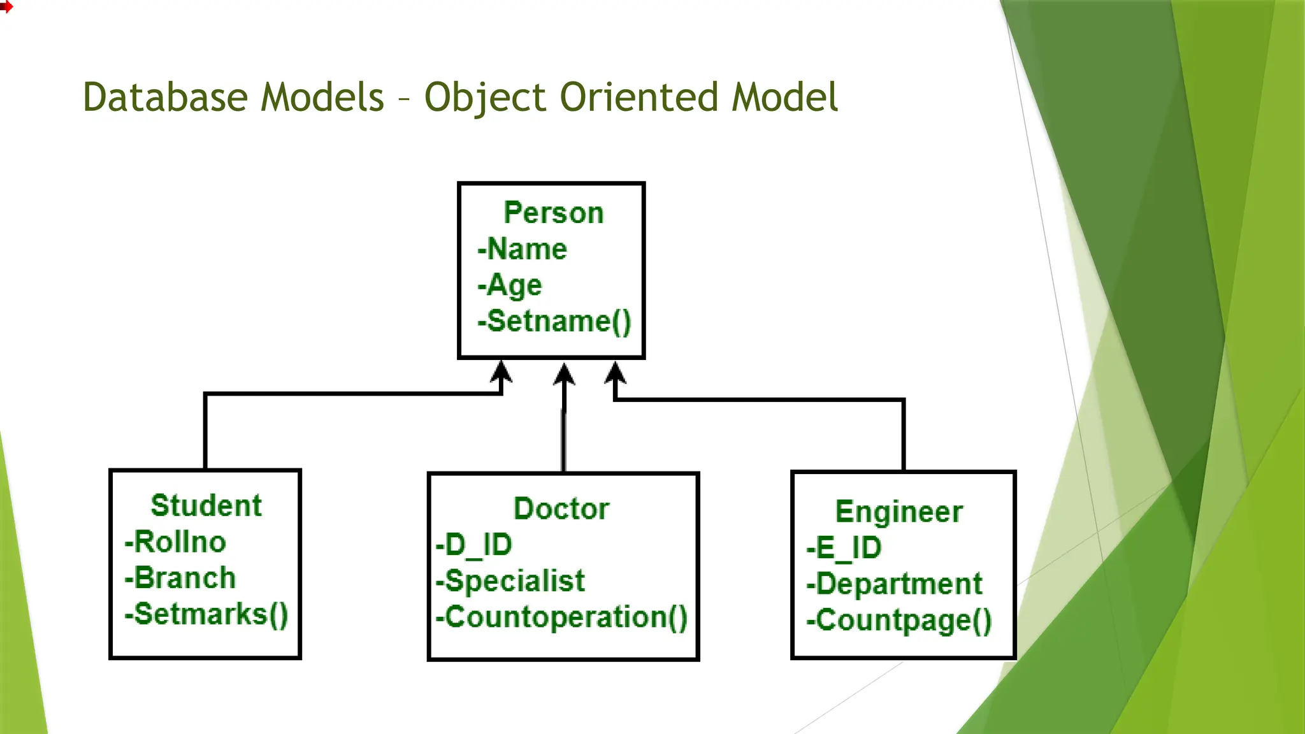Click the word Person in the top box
pyautogui.click(x=553, y=213)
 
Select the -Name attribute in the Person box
pyautogui.click(x=523, y=249)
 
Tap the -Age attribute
pyautogui.click(x=510, y=285)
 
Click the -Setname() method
pyautogui.click(x=554, y=321)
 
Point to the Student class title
pyautogui.click(x=206, y=506)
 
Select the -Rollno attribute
pyautogui.click(x=175, y=542)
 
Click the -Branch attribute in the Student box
pyautogui.click(x=180, y=579)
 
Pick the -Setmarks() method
pyautogui.click(x=206, y=615)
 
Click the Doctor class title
pyautogui.click(x=561, y=509)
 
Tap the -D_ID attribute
pyautogui.click(x=474, y=545)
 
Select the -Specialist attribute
pyautogui.click(x=510, y=581)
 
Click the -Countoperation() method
pyautogui.click(x=561, y=617)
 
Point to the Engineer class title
pyautogui.click(x=898, y=512)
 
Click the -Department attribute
pyautogui.click(x=895, y=584)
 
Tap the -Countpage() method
pyautogui.click(x=899, y=621)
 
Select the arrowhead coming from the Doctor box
pyautogui.click(x=564, y=375)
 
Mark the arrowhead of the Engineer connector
pyautogui.click(x=615, y=373)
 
